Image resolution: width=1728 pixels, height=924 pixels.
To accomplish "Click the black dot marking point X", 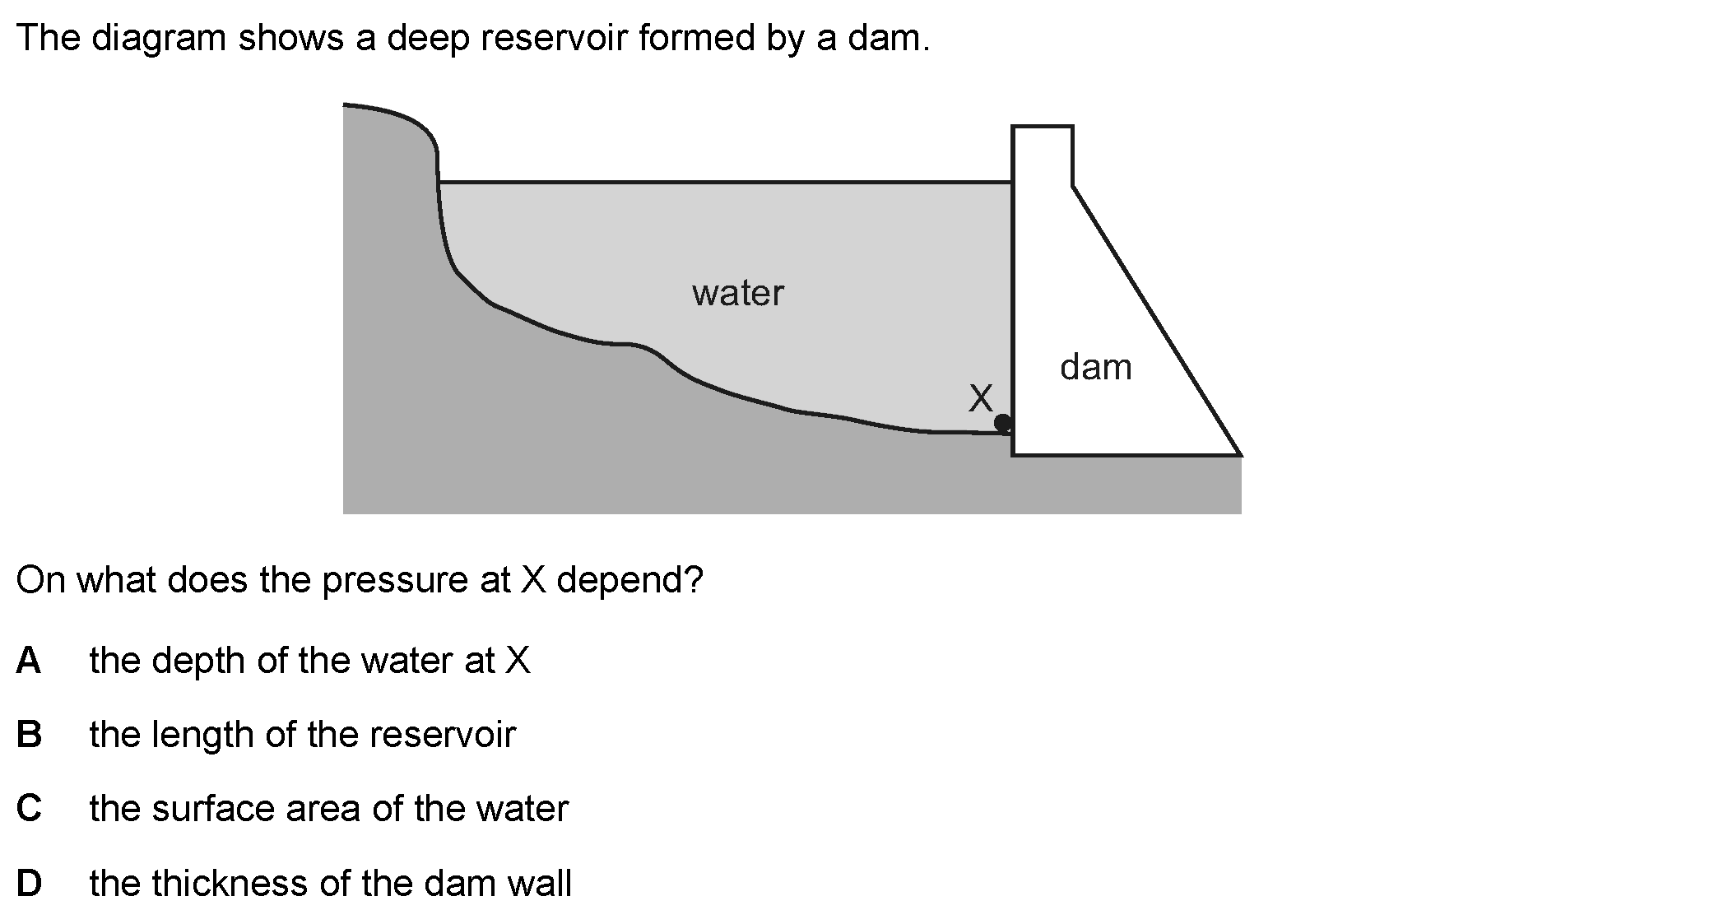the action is point(1003,424).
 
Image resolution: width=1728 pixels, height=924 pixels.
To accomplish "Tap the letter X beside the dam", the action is point(981,398).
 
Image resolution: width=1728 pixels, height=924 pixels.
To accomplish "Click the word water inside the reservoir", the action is point(738,293).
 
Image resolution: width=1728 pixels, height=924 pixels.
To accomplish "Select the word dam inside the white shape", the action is point(1096,367).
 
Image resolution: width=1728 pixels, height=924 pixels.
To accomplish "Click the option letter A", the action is point(29,660).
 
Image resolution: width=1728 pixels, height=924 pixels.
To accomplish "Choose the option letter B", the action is point(29,734).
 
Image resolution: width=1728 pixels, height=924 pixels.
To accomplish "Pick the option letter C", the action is point(29,808).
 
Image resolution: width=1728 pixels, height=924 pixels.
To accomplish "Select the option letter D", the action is point(29,883).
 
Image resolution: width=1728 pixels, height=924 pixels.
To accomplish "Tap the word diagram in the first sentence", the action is point(159,39).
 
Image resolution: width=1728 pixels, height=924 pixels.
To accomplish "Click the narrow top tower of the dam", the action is point(1043,154).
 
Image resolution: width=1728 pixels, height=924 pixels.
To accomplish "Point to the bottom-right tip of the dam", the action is point(1240,454).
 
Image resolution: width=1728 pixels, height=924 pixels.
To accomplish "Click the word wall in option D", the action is point(540,883).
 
